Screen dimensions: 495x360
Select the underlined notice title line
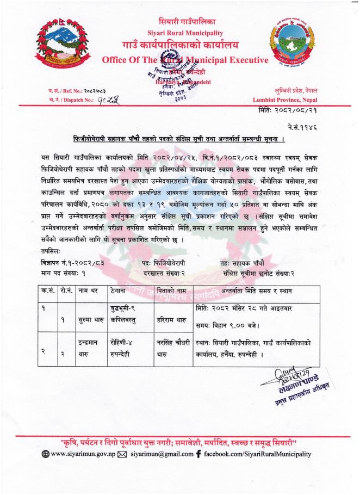tap(179, 138)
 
